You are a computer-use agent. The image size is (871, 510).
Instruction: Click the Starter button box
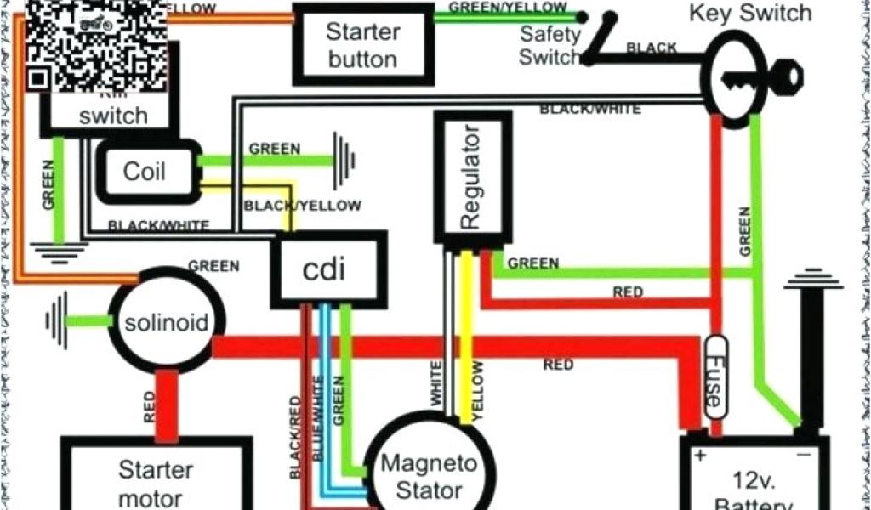(362, 45)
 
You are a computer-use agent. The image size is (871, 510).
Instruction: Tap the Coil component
(145, 171)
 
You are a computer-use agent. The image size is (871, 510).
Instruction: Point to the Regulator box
(472, 178)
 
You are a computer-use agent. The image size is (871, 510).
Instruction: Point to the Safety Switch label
(549, 46)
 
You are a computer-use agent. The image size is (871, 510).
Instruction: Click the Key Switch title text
(749, 14)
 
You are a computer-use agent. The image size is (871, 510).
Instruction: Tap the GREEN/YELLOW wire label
(508, 8)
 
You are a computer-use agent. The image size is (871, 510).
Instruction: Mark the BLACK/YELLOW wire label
(302, 206)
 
